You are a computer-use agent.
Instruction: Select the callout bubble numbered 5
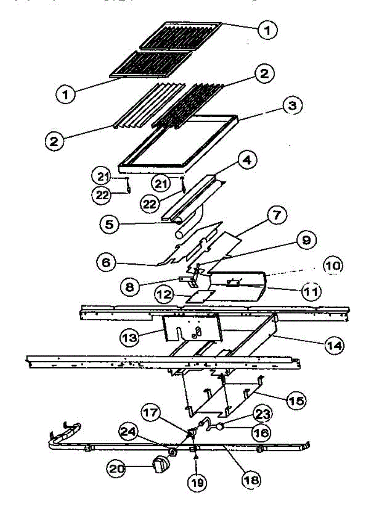110,223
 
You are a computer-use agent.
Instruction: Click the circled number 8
130,286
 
